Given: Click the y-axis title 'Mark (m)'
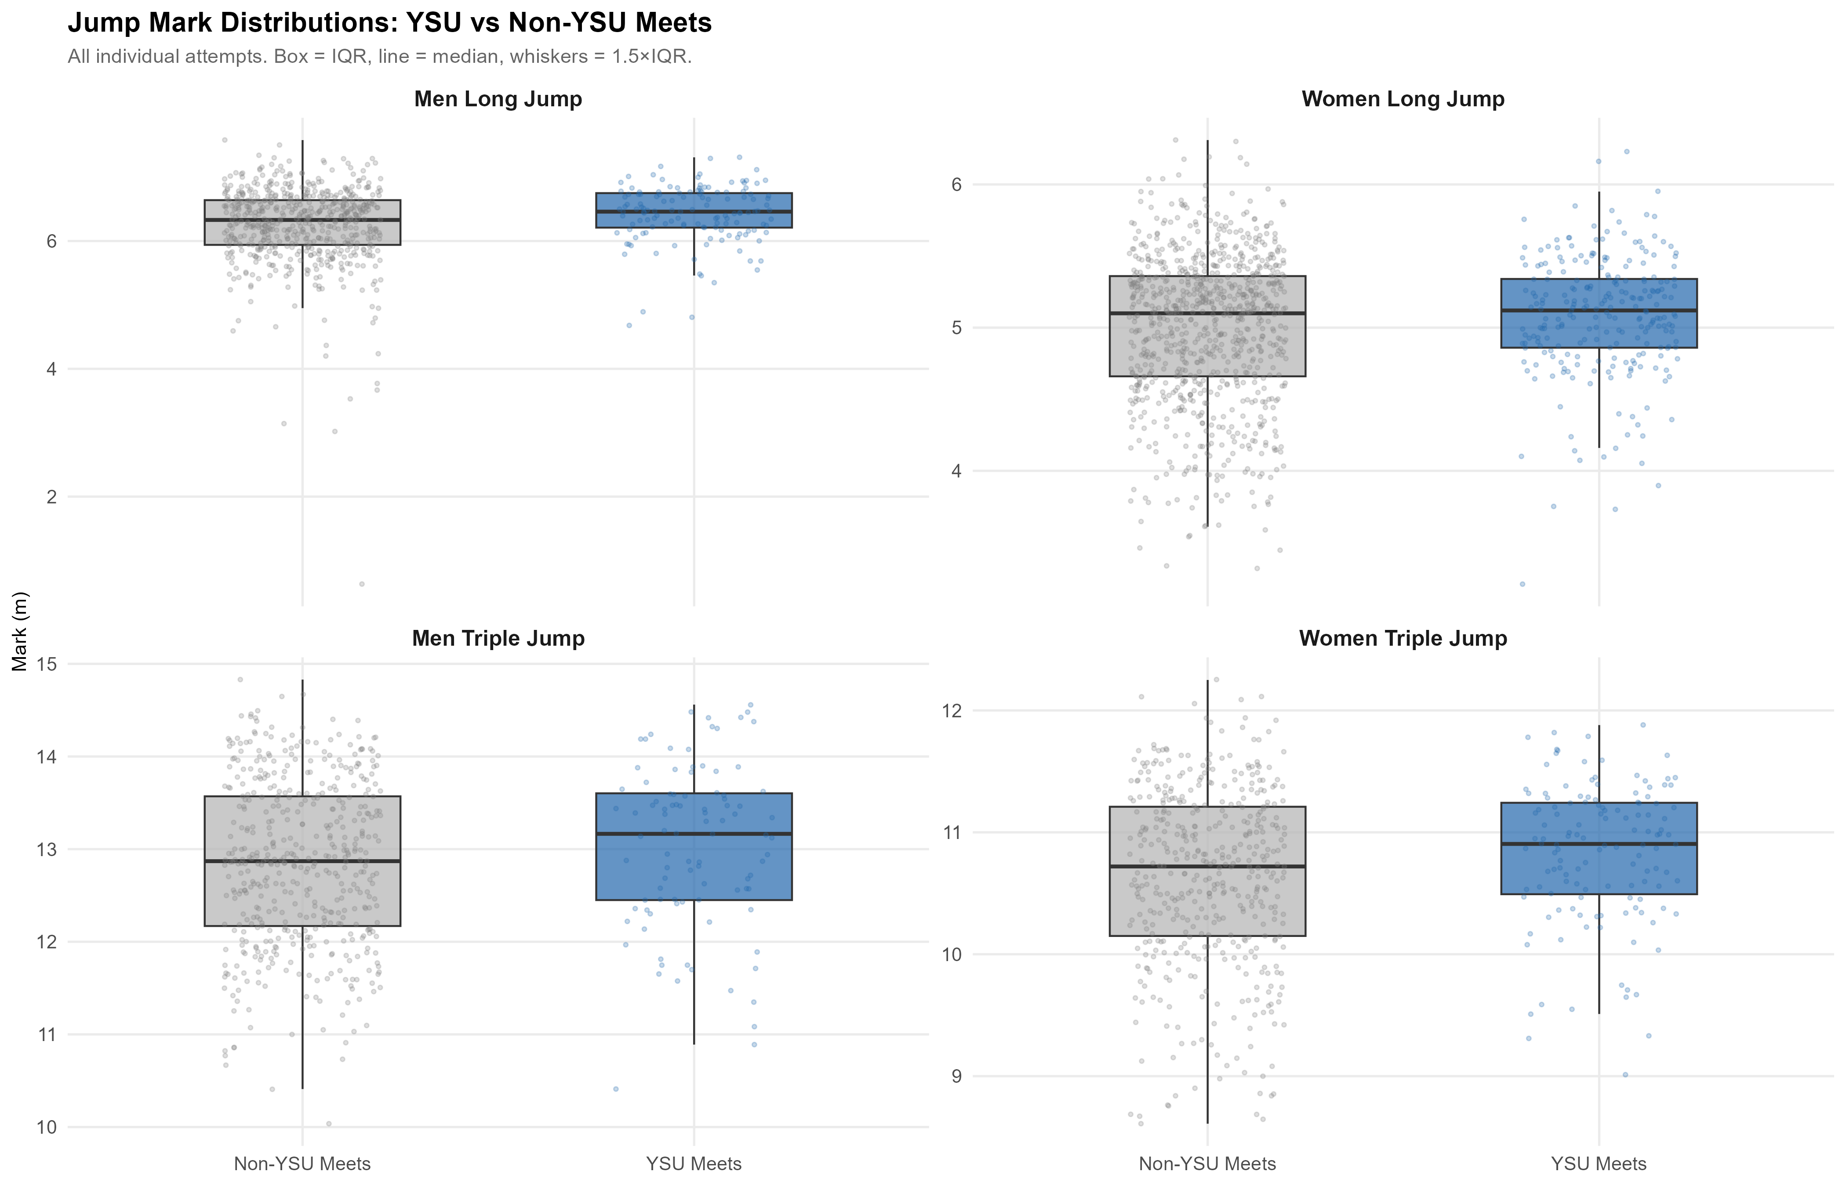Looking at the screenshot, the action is pos(21,632).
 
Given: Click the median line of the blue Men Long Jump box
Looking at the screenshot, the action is pos(694,211).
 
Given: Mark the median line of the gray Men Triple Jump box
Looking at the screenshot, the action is pos(302,861).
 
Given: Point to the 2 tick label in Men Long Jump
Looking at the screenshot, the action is pos(51,497).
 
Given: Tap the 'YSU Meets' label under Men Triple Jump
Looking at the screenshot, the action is pos(694,1164).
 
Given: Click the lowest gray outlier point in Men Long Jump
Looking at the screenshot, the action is pos(361,584).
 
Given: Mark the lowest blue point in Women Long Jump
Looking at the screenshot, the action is pos(1523,584).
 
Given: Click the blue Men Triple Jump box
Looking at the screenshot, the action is pos(694,846).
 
